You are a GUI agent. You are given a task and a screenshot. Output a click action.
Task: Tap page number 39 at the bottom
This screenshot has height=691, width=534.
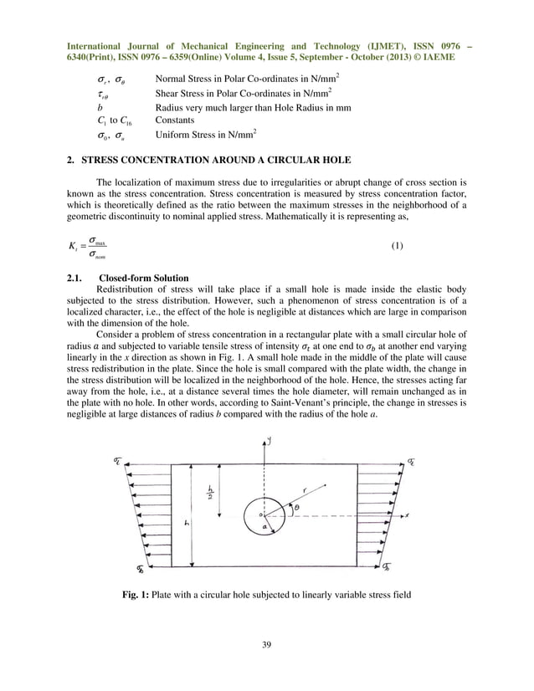click(x=266, y=644)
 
